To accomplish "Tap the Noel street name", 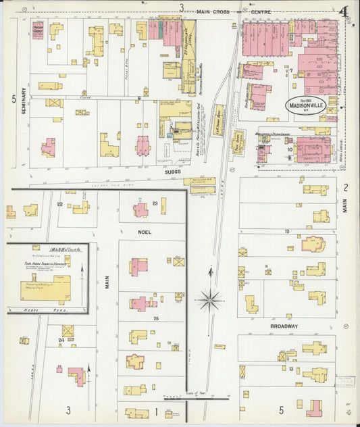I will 144,232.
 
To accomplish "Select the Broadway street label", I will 284,326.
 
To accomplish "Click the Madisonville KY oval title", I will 297,107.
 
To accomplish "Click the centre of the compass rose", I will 211,299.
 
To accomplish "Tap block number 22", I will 59,203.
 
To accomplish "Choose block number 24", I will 61,339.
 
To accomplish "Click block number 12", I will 287,231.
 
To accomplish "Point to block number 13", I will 290,369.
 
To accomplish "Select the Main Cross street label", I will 215,11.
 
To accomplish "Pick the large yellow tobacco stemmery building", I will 46,289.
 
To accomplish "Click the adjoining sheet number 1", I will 157,410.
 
